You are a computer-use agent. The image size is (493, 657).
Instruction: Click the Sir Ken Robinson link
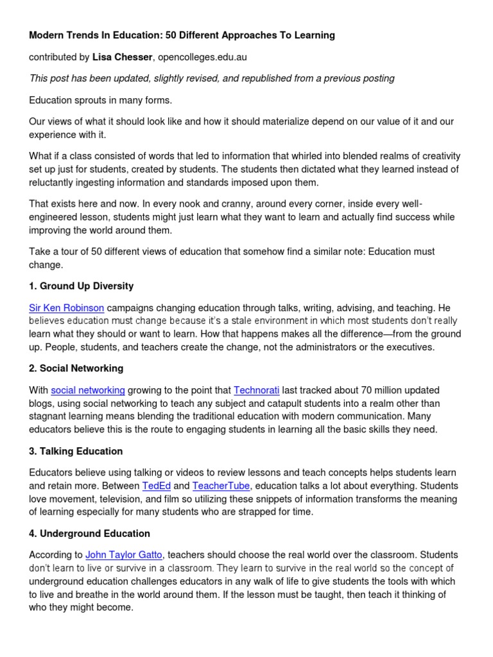coord(67,307)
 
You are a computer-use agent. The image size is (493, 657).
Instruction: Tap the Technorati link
coord(257,390)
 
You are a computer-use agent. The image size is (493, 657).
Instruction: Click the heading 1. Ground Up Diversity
coord(82,286)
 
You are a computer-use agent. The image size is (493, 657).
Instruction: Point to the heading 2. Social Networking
coord(76,368)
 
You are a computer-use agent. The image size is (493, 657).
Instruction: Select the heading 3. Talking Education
coord(76,451)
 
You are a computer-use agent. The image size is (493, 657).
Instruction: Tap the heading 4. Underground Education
coord(89,533)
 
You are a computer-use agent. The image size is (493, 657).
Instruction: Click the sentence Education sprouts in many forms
coord(101,100)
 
